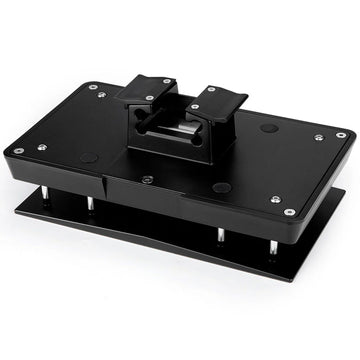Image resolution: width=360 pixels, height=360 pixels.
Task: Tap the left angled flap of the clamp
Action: coord(147,90)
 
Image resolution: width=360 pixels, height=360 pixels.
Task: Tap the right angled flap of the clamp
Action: coord(215,100)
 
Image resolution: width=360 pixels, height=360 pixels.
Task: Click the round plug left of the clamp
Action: coord(90,157)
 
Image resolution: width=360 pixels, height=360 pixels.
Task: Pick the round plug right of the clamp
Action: coord(268,128)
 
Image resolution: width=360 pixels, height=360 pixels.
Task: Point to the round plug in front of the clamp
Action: coord(222,187)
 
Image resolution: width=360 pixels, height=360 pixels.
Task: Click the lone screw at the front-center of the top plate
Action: coord(148,179)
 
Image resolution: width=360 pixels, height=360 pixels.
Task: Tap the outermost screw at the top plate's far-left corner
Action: coord(16,151)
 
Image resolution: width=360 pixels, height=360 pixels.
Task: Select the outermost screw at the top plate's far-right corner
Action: coord(341,135)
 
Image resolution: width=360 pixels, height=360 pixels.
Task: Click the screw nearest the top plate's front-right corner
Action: coord(289,212)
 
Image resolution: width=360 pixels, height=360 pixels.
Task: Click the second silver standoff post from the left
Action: coord(91,204)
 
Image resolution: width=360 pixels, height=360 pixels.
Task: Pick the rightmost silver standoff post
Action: coord(272,243)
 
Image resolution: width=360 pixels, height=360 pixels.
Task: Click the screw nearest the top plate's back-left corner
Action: coord(93,87)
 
